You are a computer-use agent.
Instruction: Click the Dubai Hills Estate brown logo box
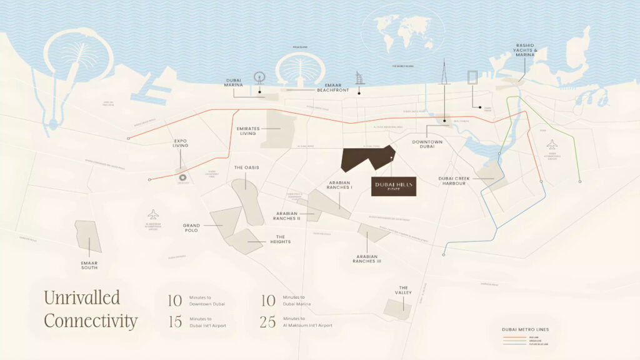[x=394, y=186]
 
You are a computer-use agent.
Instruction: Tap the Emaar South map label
[x=89, y=265]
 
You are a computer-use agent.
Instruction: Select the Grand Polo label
[x=191, y=227]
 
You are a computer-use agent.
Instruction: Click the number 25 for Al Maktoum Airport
[x=267, y=322]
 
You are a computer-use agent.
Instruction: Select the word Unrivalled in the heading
[x=82, y=297]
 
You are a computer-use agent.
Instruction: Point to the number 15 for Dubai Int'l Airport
[x=174, y=322]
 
